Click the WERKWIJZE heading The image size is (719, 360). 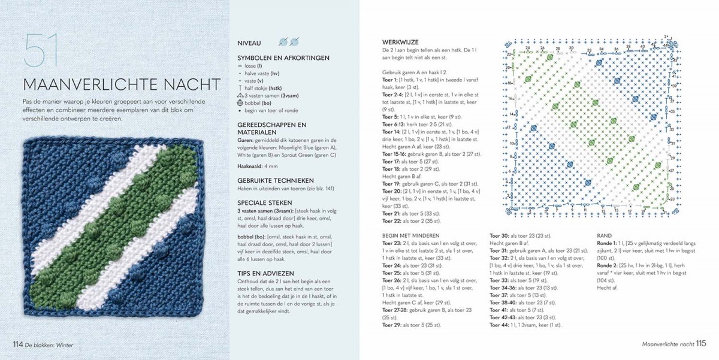pyautogui.click(x=400, y=42)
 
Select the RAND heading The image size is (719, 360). pyautogui.click(x=606, y=235)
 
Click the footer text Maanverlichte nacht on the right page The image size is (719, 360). pyautogui.click(x=667, y=344)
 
